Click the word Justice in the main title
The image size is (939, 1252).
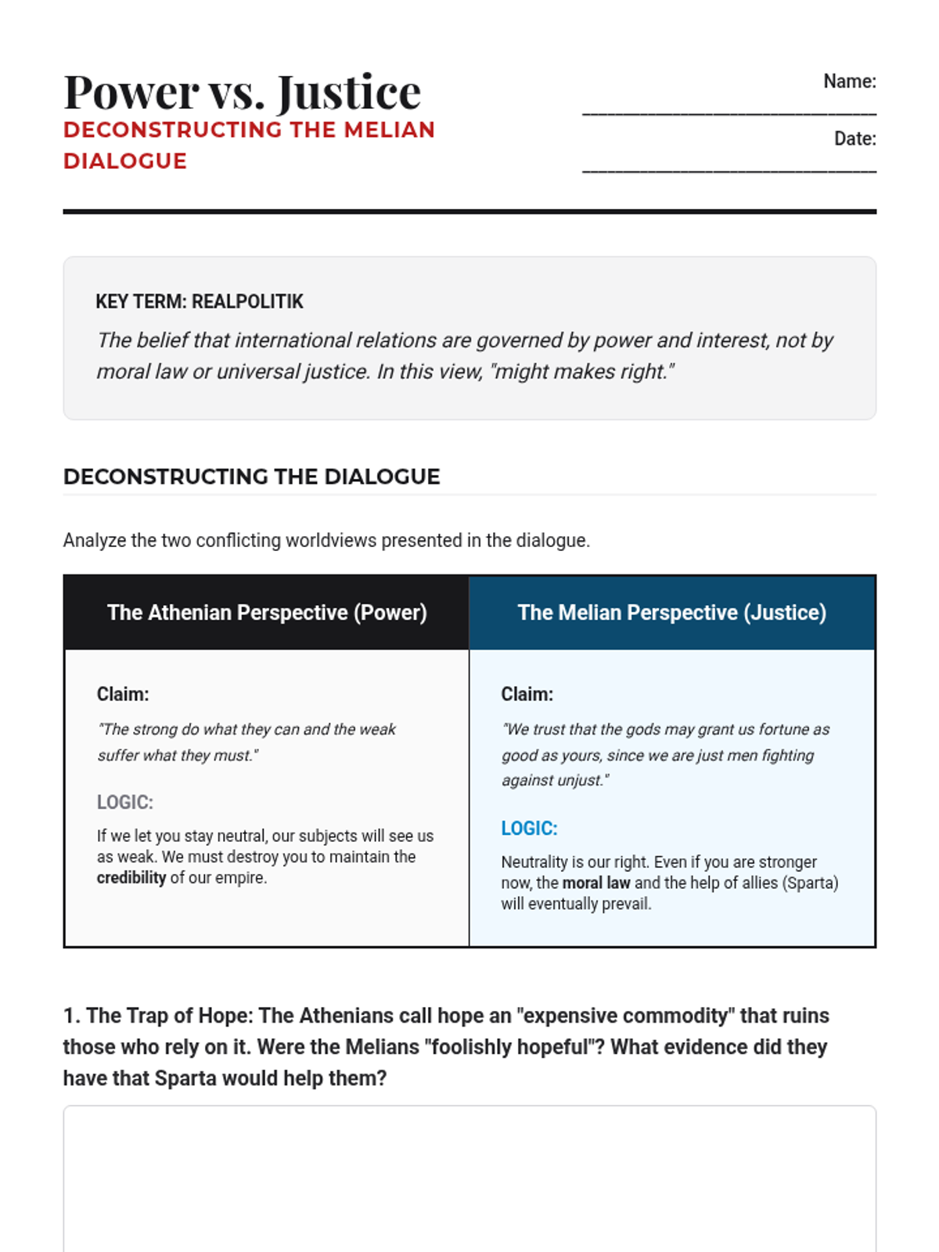click(x=349, y=92)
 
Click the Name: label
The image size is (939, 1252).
click(x=849, y=81)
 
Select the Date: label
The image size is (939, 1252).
click(x=854, y=139)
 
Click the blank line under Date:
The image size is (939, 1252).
click(x=729, y=170)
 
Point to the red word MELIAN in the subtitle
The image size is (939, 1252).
click(x=389, y=130)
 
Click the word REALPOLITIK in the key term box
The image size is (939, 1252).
click(x=247, y=302)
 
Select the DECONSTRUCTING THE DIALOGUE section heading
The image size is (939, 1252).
click(x=251, y=477)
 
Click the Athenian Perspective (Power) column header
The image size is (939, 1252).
click(x=267, y=613)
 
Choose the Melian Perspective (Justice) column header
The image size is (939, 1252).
click(x=671, y=613)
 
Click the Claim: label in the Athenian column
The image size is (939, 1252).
click(x=123, y=694)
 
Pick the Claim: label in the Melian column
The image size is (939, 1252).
click(x=527, y=694)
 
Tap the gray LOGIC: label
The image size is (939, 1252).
click(x=125, y=802)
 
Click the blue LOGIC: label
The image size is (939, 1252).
click(x=529, y=828)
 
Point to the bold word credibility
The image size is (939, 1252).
click(x=131, y=878)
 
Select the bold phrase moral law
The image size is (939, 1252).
click(x=596, y=883)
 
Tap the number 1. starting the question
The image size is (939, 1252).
click(x=71, y=1016)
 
